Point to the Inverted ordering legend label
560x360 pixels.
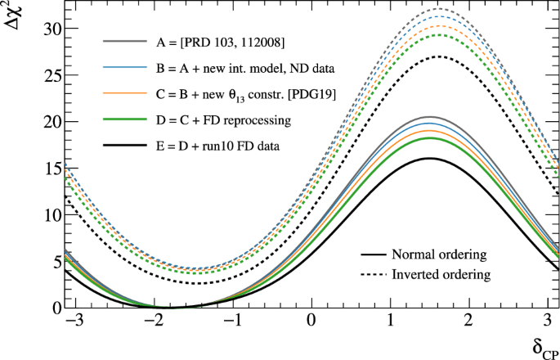click(441, 273)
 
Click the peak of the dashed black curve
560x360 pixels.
click(439, 56)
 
